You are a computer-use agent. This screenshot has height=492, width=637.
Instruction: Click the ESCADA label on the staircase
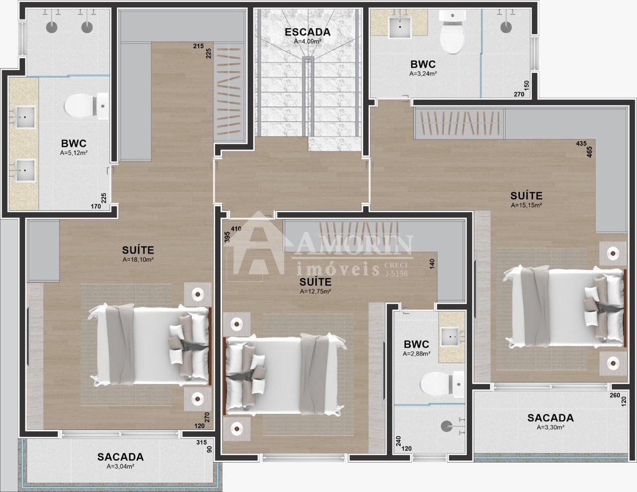pos(308,32)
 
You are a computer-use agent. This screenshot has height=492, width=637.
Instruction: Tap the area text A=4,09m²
pos(308,42)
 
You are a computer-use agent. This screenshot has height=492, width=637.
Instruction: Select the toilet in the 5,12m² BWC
pos(86,106)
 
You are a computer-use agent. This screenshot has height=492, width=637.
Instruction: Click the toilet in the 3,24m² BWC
pos(452,32)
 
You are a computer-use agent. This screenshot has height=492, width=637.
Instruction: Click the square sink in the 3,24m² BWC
pos(400,27)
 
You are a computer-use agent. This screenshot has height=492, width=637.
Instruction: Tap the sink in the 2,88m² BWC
pos(450,337)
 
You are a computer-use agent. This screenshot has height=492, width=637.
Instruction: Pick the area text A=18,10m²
pos(138,259)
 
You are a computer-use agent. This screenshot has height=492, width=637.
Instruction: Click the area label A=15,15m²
pos(526,205)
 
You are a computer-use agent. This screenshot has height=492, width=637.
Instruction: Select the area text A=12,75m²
pos(316,291)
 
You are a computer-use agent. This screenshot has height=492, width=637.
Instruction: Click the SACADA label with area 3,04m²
pos(120,457)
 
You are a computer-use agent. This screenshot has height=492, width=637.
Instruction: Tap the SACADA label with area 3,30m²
pos(550,418)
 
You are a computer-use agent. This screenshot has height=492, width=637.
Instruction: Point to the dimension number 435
pos(581,143)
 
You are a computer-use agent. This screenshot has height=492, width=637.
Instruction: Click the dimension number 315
pos(202,442)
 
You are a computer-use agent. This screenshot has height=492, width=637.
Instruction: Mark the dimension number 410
pos(236,229)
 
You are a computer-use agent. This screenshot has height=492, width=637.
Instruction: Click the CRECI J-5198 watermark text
pos(396,269)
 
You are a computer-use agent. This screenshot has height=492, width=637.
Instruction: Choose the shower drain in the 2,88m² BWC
pos(446,426)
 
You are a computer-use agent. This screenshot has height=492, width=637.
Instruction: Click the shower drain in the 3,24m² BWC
pos(506,27)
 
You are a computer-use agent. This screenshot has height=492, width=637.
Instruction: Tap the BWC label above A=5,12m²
pos(74,143)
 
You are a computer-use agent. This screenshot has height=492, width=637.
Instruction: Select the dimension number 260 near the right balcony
pos(615,395)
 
